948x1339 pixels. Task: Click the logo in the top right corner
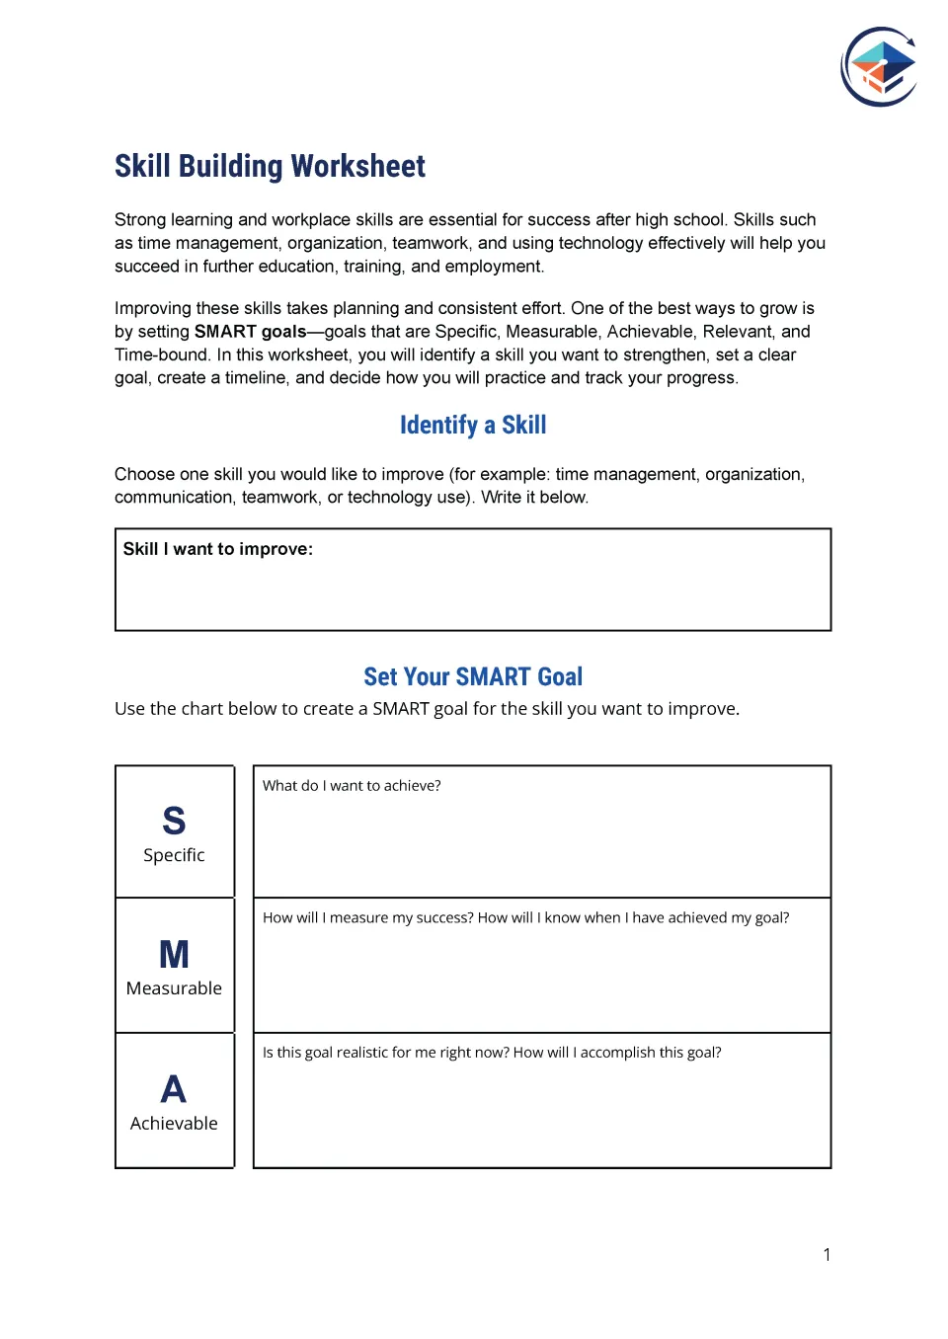pos(879,67)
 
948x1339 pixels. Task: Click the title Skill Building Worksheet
pos(270,166)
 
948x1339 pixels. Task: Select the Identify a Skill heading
pos(473,425)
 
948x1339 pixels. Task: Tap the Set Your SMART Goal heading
pos(473,676)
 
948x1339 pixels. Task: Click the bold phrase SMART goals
pos(250,332)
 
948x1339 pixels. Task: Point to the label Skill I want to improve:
pos(217,549)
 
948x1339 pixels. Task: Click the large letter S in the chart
pos(174,821)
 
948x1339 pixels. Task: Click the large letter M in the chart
pos(174,954)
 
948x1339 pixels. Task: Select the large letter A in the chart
pos(174,1089)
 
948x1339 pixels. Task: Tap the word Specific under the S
pos(174,855)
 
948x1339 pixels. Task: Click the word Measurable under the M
pos(174,988)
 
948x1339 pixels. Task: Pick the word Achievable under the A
pos(174,1124)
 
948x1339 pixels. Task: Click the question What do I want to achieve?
pos(352,786)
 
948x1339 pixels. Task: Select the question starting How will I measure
pos(525,918)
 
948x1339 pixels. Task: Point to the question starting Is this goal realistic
pos(492,1053)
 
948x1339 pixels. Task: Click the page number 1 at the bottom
pos(827,1255)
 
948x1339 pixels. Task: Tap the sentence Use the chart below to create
pos(427,709)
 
